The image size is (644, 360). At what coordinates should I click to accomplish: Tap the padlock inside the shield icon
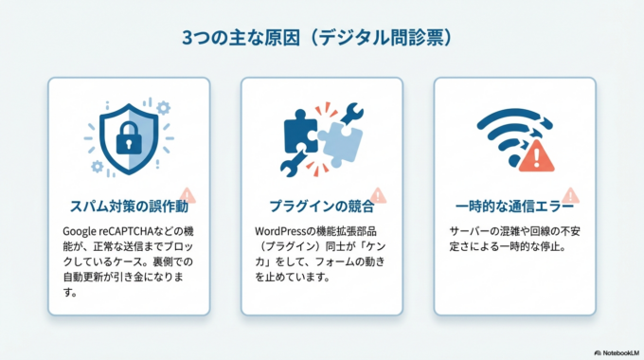(x=128, y=140)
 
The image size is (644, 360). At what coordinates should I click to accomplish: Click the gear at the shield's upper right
(x=163, y=107)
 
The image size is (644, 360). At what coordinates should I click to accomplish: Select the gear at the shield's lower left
(x=97, y=167)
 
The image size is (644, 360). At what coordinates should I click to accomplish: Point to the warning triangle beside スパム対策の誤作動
(x=186, y=195)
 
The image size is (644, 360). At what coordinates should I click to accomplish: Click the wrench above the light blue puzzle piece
(x=352, y=112)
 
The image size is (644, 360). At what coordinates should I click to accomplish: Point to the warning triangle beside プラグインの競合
(x=378, y=195)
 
